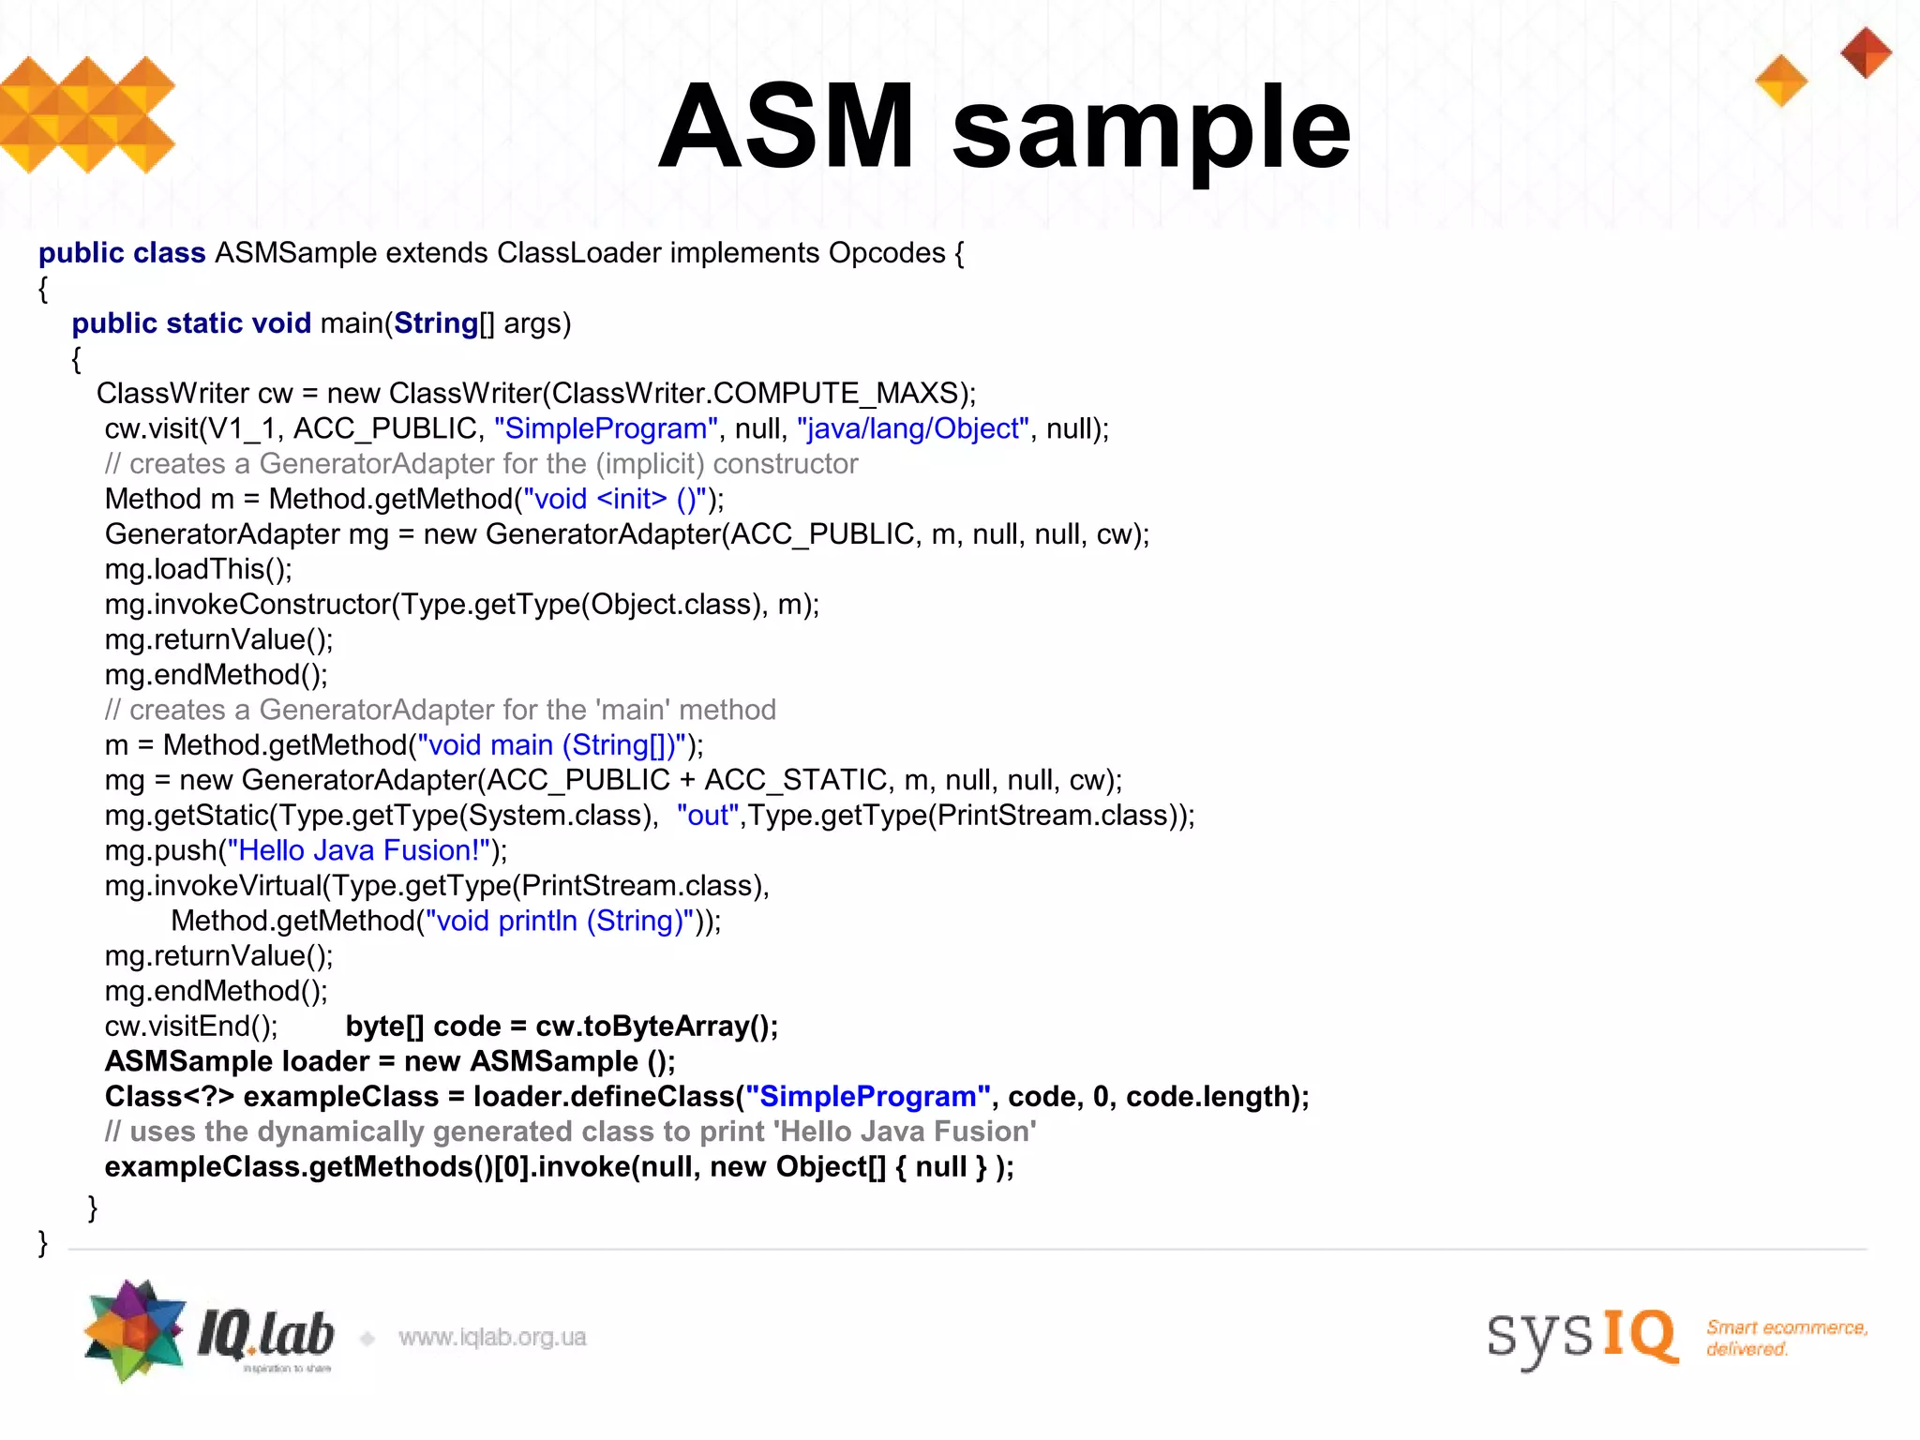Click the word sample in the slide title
(1151, 129)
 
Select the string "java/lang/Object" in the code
(913, 428)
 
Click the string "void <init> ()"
(614, 499)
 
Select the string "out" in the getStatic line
(708, 816)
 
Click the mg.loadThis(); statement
(199, 569)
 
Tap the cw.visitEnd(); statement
(191, 1027)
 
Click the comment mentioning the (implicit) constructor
(481, 464)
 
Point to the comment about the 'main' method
(440, 710)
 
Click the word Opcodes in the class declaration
(887, 253)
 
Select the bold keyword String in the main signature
(436, 323)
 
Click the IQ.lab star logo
(135, 1330)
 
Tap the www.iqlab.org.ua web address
(492, 1337)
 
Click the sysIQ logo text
(1582, 1335)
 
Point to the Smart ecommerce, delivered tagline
(1786, 1338)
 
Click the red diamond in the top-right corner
(1866, 52)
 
